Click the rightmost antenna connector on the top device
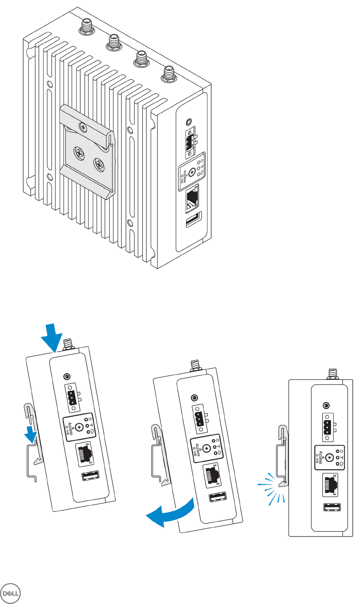pyautogui.click(x=167, y=75)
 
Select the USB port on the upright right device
pyautogui.click(x=331, y=507)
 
